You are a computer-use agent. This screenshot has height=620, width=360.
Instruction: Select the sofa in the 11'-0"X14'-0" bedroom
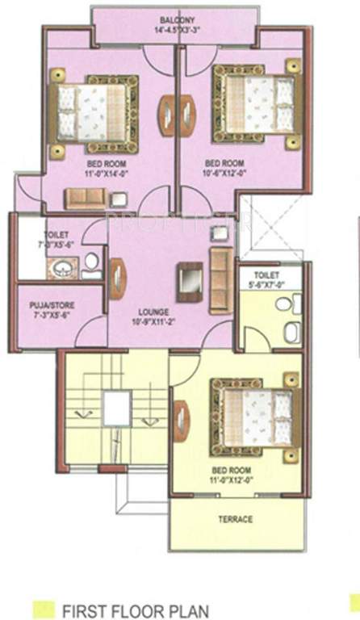click(86, 198)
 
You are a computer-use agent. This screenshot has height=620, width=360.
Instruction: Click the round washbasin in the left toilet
click(61, 270)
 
